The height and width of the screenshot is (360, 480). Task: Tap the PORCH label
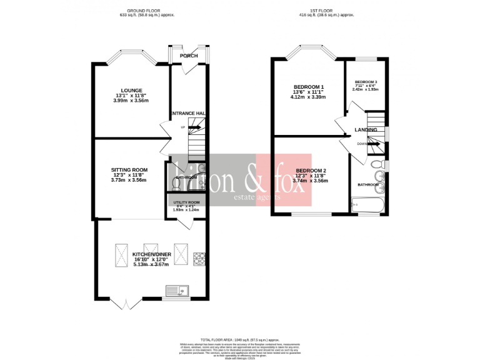189,56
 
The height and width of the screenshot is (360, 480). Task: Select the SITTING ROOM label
129,169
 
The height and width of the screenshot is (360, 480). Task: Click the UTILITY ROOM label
186,202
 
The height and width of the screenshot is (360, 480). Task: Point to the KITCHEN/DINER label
151,254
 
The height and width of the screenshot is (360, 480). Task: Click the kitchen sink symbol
177,290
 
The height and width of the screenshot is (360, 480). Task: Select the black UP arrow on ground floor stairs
193,127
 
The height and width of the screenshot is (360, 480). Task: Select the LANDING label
366,129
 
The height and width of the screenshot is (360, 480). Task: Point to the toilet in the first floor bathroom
375,165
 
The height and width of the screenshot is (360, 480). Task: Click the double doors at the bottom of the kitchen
127,304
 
